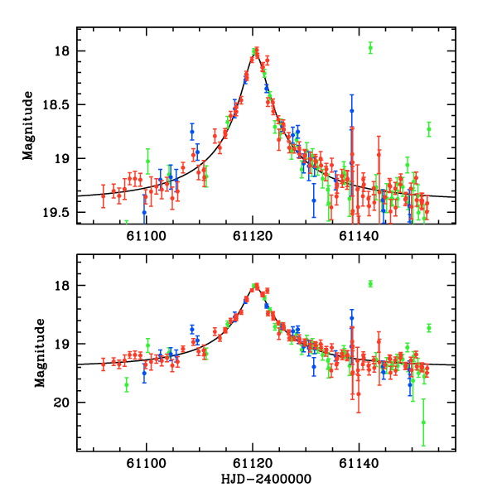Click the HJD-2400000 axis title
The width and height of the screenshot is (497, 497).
coord(266,480)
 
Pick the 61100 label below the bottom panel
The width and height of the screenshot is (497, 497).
coord(147,464)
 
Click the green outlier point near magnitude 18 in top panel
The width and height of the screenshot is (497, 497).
coord(370,47)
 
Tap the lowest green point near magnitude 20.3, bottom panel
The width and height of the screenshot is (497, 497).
coord(423,422)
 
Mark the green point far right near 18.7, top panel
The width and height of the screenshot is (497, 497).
coord(429,128)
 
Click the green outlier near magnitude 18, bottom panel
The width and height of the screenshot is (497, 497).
coord(370,283)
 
